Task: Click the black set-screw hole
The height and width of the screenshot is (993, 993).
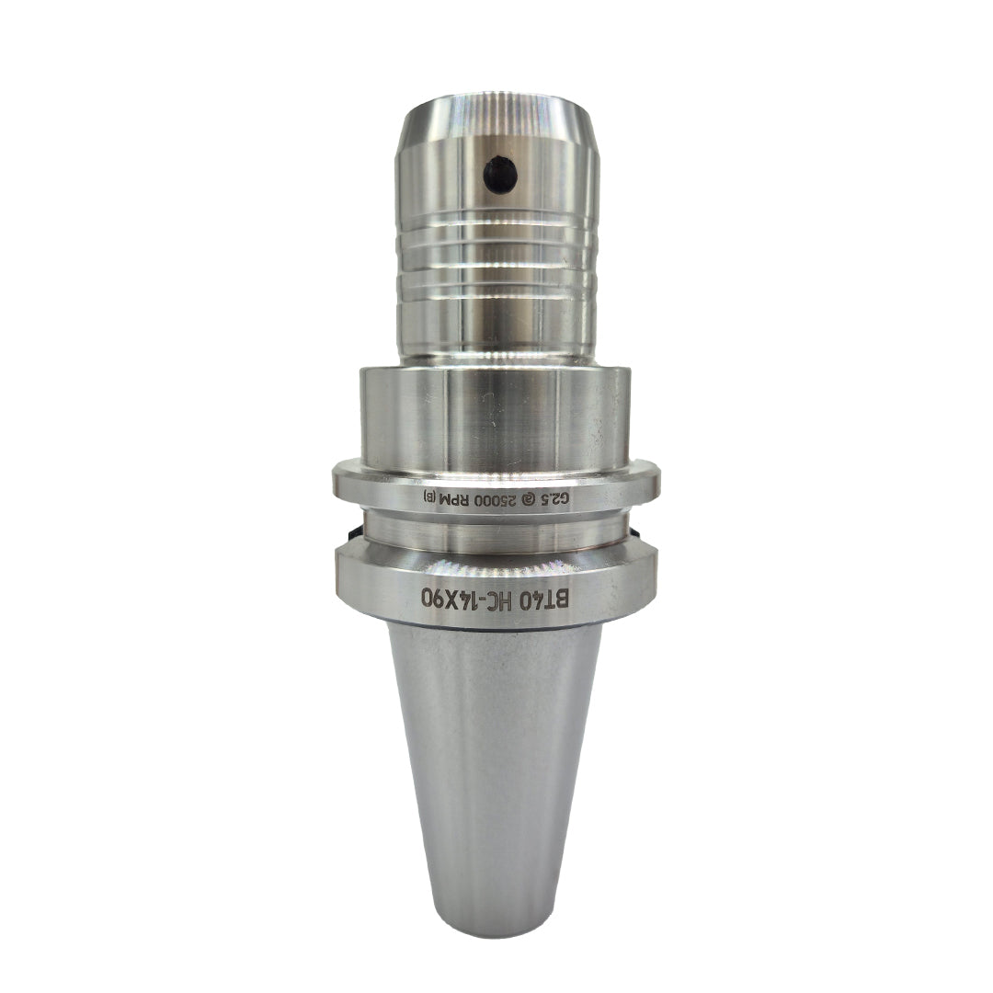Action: point(500,175)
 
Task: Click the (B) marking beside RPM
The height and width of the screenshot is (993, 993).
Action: point(431,497)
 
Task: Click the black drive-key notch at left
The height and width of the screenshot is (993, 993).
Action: point(352,533)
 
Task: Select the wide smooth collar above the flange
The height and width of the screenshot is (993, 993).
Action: point(496,414)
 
